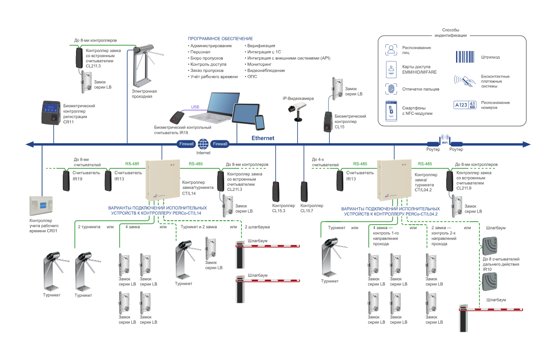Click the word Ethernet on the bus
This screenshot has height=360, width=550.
(262, 138)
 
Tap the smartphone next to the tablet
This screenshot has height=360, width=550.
(260, 122)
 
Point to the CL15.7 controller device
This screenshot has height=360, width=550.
(305, 192)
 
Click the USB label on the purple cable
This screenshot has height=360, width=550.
(195, 107)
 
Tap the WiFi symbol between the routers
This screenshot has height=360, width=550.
(444, 140)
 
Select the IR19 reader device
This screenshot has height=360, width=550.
(66, 180)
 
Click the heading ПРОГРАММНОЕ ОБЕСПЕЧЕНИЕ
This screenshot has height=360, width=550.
(220, 38)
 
